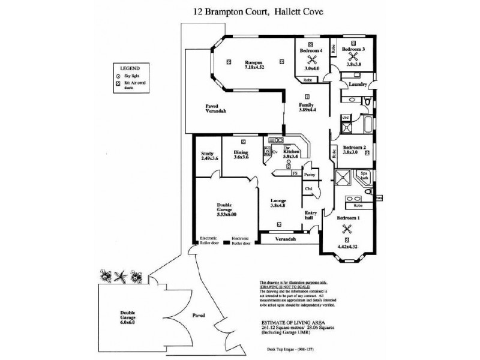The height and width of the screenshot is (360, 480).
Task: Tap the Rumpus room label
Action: [252, 62]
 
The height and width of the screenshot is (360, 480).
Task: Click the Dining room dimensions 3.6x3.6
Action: [241, 158]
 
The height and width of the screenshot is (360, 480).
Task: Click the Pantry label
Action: [310, 174]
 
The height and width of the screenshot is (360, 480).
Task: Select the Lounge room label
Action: [278, 200]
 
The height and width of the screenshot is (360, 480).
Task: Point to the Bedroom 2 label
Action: [355, 148]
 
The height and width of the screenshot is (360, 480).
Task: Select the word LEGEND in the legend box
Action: [130, 69]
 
